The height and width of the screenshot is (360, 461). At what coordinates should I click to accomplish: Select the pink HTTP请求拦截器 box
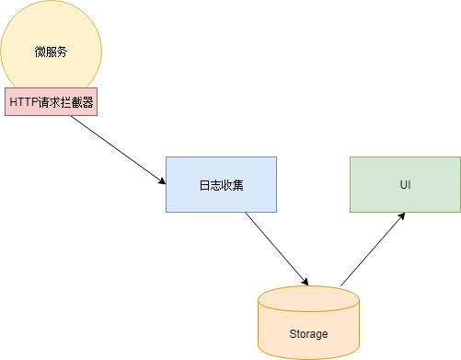(x=52, y=102)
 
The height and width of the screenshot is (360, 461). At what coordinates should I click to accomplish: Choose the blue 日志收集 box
(x=221, y=184)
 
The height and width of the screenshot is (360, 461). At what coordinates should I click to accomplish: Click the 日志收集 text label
(x=221, y=185)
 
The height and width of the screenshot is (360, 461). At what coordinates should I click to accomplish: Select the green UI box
(x=405, y=184)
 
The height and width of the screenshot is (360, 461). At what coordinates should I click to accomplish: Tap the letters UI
(x=405, y=185)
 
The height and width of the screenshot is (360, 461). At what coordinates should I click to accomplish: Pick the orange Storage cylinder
(x=308, y=322)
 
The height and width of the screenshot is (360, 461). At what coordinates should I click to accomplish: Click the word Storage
(x=308, y=333)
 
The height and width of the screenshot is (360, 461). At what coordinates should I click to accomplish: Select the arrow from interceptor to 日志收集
(x=115, y=147)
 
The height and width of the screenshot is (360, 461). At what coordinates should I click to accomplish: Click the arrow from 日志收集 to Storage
(x=276, y=249)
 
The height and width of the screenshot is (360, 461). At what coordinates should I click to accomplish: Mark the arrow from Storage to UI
(x=373, y=249)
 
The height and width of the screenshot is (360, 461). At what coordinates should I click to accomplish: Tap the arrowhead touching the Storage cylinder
(x=305, y=281)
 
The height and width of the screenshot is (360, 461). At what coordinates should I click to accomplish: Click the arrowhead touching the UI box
(x=402, y=216)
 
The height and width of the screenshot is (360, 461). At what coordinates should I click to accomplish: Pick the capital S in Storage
(x=292, y=333)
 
